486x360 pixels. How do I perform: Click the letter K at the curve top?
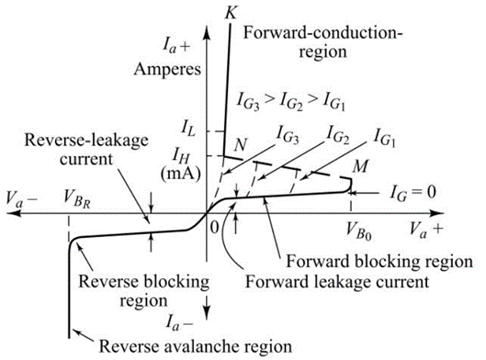[227, 11]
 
